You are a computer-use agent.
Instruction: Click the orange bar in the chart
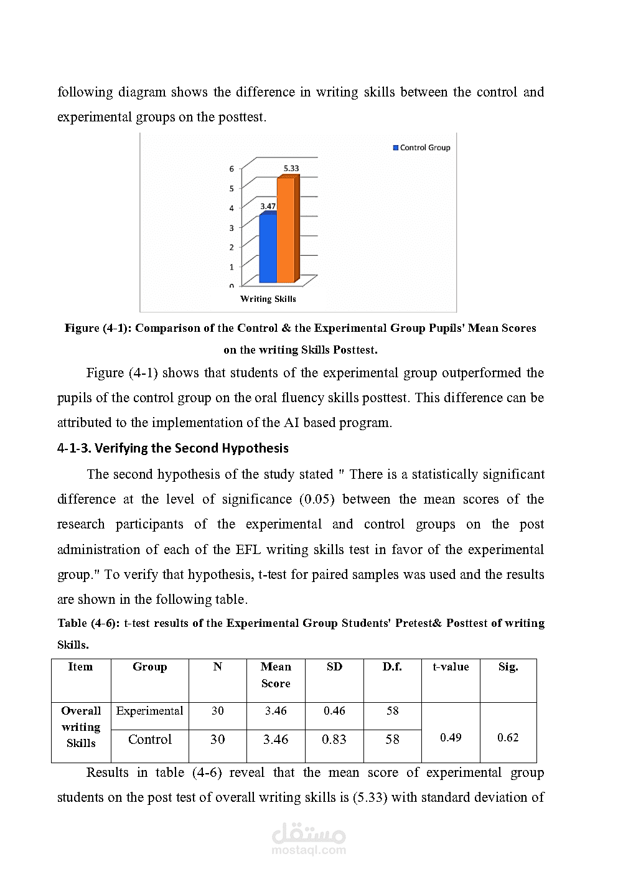pos(286,230)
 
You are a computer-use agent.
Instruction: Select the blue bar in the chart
pos(268,249)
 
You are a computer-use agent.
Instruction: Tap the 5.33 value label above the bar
pos(291,168)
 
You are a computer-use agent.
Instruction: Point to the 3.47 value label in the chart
pos(268,206)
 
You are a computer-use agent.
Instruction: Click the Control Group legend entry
pos(421,148)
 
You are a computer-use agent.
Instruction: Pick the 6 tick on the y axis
pos(232,169)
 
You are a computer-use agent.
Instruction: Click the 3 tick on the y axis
pos(232,228)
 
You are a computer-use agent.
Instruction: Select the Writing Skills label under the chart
pos(268,299)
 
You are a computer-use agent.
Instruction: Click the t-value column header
pos(451,667)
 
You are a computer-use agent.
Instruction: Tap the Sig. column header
pos(508,667)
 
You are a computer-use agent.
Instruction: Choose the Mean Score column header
pos(276,675)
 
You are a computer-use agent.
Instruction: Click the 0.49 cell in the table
pos(451,738)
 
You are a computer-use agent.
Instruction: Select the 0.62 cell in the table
pos(508,738)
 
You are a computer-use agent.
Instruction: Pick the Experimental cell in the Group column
pos(149,711)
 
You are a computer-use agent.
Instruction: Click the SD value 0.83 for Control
pos(334,740)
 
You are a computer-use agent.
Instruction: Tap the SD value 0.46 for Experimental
pos(334,711)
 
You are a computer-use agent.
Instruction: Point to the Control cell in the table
pos(149,740)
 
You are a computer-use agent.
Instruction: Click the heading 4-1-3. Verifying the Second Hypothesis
pos(173,448)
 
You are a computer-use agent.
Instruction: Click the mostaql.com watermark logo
pos(309,839)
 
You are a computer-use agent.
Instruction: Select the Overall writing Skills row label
pos(81,727)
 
